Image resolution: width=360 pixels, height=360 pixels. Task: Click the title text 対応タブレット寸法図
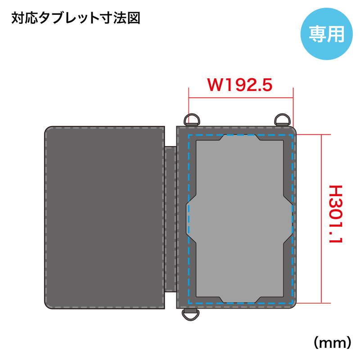[x=76, y=18]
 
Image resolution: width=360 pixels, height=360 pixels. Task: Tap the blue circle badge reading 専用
[x=327, y=34]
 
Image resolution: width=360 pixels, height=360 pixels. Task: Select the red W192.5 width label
[x=240, y=85]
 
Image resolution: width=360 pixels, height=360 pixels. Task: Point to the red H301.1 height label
[x=336, y=214]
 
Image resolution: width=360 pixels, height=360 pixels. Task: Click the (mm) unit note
[x=333, y=343]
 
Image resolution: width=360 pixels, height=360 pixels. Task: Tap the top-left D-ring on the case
[x=192, y=120]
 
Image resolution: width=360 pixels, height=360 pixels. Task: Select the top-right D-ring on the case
[x=283, y=120]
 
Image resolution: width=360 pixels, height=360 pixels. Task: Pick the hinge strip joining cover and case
[x=171, y=219]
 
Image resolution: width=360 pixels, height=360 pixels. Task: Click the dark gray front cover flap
[x=104, y=217]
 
